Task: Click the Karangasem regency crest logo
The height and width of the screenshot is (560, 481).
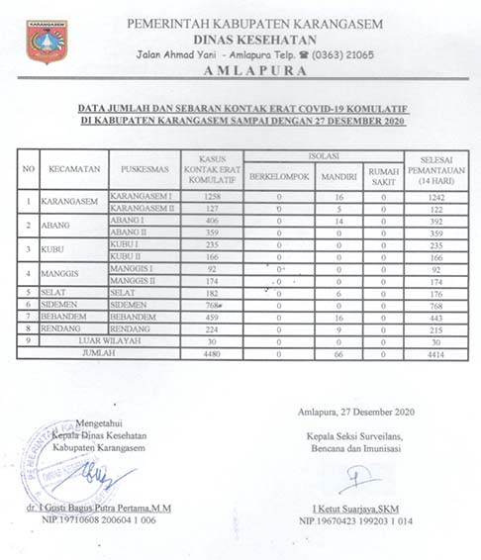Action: pyautogui.click(x=47, y=41)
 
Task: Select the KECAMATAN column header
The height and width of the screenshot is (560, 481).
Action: pyautogui.click(x=70, y=169)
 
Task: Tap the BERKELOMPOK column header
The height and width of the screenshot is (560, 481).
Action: pyautogui.click(x=279, y=177)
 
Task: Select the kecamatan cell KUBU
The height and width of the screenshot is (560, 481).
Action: pyautogui.click(x=56, y=249)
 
